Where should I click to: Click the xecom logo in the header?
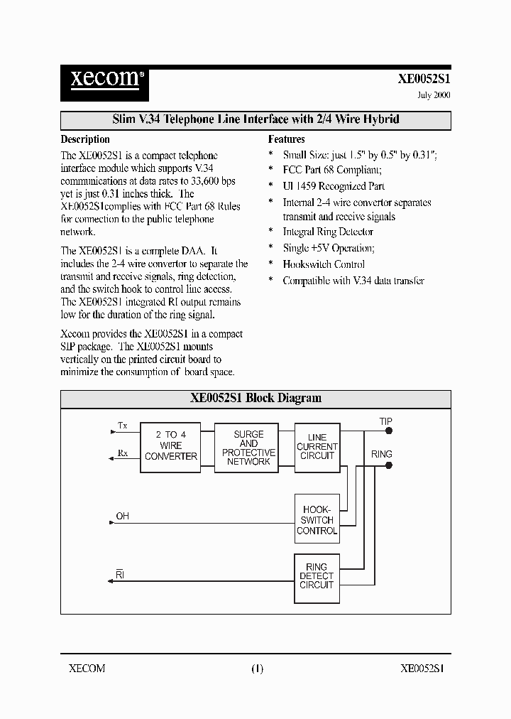(x=103, y=78)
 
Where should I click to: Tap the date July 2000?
(x=432, y=95)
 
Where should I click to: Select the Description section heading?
(x=85, y=139)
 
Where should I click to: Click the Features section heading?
(x=286, y=139)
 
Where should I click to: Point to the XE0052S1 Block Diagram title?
(x=255, y=398)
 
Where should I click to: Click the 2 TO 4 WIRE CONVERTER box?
(x=170, y=445)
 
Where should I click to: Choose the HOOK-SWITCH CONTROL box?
(x=317, y=520)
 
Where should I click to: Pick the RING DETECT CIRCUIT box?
(x=317, y=576)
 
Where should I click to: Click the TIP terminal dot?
(x=388, y=431)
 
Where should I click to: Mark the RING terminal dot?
(x=388, y=465)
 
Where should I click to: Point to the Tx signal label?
(x=123, y=426)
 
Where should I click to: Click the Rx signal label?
(x=123, y=453)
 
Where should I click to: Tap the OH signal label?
(x=122, y=516)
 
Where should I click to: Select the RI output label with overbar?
(x=121, y=572)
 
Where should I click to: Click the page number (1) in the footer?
(x=257, y=668)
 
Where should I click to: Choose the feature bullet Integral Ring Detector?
(x=327, y=232)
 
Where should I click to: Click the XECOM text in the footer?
(x=87, y=668)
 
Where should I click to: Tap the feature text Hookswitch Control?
(x=324, y=264)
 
